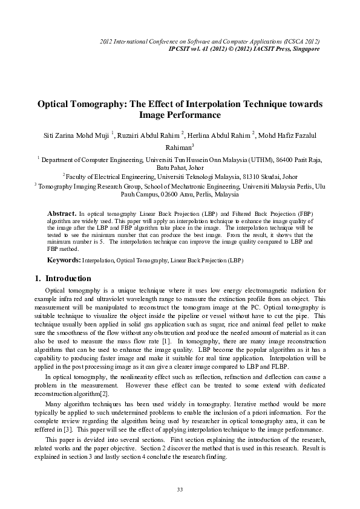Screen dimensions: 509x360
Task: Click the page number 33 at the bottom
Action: click(180, 488)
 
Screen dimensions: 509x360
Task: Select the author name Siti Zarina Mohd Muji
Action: click(74, 134)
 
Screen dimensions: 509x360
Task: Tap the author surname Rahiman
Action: click(178, 146)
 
